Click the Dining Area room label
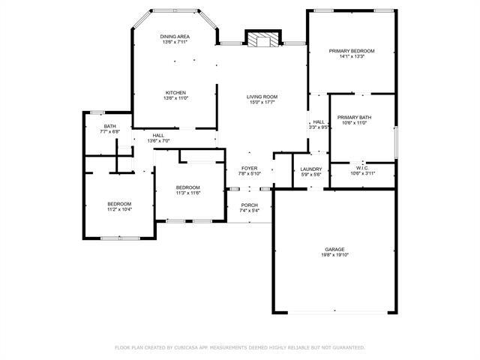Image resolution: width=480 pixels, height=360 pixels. coord(175,37)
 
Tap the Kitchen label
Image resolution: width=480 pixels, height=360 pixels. coord(175,93)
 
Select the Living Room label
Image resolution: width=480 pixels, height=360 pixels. coord(262,97)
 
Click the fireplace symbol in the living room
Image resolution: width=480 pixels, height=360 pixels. coord(262,39)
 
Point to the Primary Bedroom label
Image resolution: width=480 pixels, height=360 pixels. coord(352,51)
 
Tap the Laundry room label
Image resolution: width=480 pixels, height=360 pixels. coord(310,169)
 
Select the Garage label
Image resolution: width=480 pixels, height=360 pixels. coord(334,249)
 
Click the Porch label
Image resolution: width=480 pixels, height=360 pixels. coord(249,205)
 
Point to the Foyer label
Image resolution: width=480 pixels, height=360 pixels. coord(249,169)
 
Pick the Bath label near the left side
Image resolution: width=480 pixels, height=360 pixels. coord(109,126)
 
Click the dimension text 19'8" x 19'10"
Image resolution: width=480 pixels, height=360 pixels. coord(334,255)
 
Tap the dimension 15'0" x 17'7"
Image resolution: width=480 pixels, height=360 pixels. coord(262,103)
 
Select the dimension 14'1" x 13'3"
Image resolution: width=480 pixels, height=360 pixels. coord(352,57)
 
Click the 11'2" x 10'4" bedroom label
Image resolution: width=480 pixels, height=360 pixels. coord(118,210)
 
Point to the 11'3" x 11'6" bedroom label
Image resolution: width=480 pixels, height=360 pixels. coord(187,193)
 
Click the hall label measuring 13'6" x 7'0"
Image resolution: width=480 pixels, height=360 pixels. coord(158,141)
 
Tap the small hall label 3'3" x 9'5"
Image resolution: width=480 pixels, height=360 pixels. coord(318,127)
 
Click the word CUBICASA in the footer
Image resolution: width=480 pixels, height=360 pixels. coord(191,348)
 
